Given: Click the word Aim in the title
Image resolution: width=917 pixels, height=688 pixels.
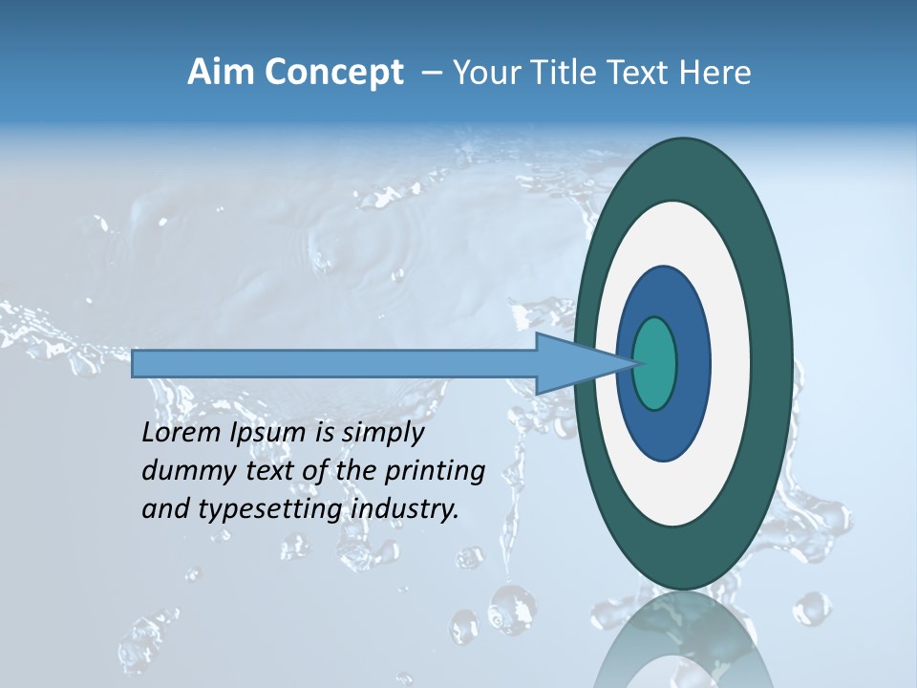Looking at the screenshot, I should click(221, 73).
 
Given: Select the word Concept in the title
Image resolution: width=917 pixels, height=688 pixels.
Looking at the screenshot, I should click(334, 74).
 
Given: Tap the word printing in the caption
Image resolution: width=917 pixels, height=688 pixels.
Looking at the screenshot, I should click(435, 472).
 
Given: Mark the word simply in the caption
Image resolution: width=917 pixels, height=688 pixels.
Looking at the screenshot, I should click(382, 434).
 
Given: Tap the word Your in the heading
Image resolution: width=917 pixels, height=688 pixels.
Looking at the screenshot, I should click(485, 73).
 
